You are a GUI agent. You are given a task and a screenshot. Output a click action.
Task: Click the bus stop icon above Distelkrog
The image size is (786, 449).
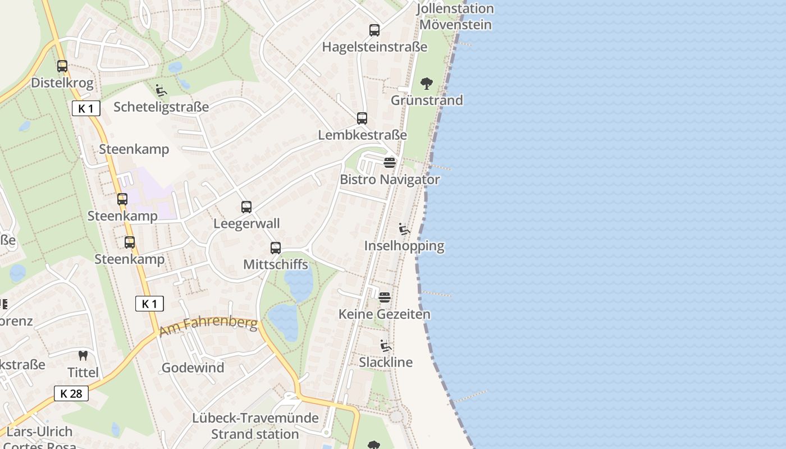[x=62, y=66]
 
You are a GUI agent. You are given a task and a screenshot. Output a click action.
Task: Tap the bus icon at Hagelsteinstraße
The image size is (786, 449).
[x=374, y=30]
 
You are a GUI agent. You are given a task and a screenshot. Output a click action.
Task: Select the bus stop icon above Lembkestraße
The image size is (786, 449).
[x=362, y=118]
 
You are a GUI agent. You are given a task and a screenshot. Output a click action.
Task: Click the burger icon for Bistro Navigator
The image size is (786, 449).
[x=390, y=163]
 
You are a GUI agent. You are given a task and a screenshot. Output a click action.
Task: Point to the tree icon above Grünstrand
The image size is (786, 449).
[x=427, y=84]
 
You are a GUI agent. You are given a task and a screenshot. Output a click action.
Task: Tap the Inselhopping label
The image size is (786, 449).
[x=404, y=246]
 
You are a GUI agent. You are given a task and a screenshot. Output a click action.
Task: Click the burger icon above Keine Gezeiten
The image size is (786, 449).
[x=385, y=297]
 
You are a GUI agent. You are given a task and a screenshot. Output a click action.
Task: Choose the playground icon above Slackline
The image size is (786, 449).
[x=386, y=346]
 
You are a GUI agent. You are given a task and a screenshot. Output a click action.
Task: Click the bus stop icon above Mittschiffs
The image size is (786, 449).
[x=276, y=248]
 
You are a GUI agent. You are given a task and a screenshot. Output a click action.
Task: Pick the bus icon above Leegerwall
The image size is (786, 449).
[x=246, y=207]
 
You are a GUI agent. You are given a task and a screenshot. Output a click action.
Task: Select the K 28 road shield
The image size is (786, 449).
[x=71, y=393]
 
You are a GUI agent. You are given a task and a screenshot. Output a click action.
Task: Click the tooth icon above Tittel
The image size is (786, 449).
[x=83, y=356]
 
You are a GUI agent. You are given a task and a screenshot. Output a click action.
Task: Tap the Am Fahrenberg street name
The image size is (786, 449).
[x=208, y=327]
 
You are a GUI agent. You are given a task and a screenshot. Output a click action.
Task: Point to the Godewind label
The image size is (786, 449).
[x=193, y=368]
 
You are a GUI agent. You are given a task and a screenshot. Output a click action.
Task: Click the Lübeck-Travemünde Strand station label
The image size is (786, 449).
[x=255, y=426]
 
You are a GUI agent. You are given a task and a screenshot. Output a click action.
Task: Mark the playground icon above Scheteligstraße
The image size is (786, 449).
[x=161, y=90]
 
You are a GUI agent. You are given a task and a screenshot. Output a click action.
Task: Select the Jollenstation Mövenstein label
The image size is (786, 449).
[x=455, y=17]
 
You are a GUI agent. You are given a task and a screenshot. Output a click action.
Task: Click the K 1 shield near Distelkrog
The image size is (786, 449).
[x=86, y=108]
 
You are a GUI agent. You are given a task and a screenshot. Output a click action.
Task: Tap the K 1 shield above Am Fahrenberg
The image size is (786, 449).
[x=149, y=304]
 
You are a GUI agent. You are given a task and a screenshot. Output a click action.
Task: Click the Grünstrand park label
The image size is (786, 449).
[x=427, y=100]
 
